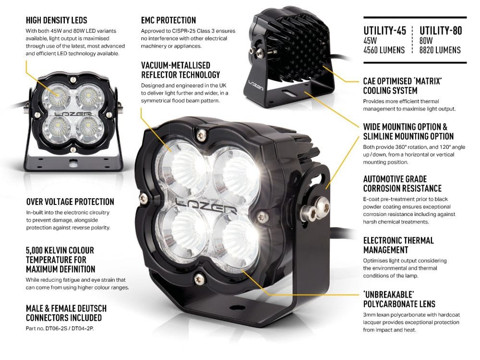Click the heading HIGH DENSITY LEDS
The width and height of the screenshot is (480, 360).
click(x=56, y=20)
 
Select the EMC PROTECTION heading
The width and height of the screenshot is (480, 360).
click(x=168, y=20)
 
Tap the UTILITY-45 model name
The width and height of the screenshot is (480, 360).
click(x=384, y=31)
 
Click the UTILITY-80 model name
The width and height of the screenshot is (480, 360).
click(x=441, y=31)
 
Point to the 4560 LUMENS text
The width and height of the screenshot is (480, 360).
click(x=384, y=50)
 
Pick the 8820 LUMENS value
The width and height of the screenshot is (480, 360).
click(x=440, y=50)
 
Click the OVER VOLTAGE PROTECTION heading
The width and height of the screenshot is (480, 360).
click(x=70, y=202)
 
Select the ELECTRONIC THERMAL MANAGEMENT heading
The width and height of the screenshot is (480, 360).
click(x=398, y=245)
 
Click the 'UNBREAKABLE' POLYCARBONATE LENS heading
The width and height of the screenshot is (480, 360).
click(x=399, y=299)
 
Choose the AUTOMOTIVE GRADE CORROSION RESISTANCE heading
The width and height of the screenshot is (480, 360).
click(x=402, y=183)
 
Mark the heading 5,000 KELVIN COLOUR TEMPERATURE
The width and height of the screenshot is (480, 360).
click(x=60, y=260)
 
